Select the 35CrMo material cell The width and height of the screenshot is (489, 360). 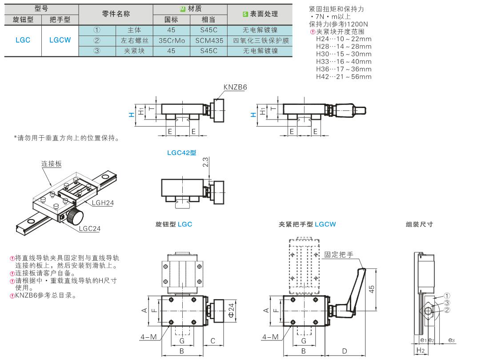click(x=171, y=40)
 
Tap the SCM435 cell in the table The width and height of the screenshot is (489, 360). click(x=208, y=40)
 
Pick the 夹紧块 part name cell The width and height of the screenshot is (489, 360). click(x=134, y=51)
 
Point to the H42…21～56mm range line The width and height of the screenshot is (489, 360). click(x=343, y=77)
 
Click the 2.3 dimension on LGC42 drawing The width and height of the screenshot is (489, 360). click(x=204, y=165)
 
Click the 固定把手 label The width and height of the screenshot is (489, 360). click(x=338, y=255)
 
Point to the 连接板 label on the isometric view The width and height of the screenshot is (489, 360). click(x=52, y=164)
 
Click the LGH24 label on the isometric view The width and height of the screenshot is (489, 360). click(x=103, y=203)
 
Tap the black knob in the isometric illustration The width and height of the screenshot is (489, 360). click(x=75, y=218)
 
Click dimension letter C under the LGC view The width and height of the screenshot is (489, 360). click(x=213, y=340)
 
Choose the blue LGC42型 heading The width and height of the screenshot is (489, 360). click(x=182, y=152)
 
